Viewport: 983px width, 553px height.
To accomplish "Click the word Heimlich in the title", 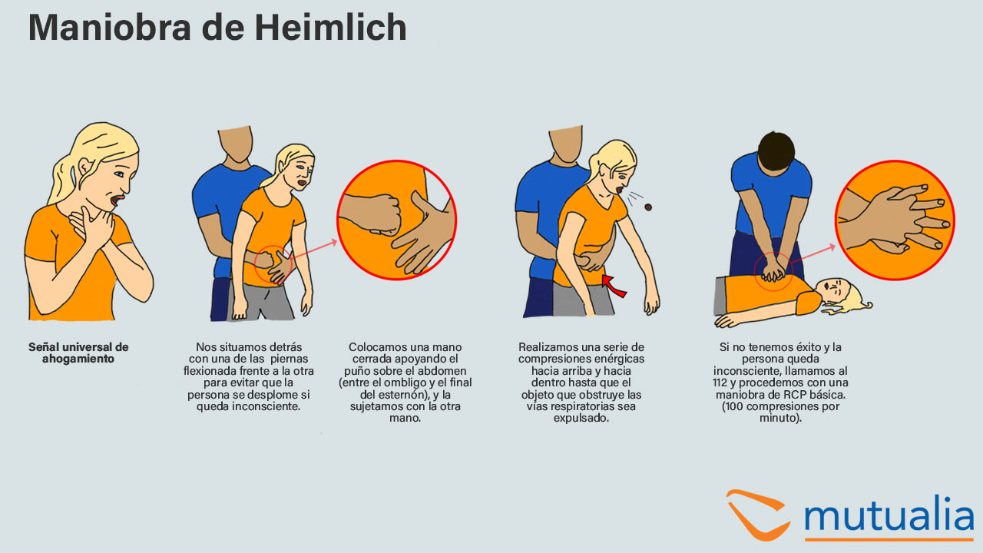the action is tap(331, 27).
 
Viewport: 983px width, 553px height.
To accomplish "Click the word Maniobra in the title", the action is tap(110, 27).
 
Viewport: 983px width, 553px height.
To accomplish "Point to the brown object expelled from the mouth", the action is tap(647, 207).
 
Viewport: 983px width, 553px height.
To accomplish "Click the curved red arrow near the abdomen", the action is tap(614, 286).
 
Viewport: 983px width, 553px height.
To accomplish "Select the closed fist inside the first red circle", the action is tap(373, 214).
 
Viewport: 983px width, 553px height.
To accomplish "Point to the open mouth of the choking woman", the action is tap(117, 200).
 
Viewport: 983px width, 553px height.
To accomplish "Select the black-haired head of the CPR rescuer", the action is tap(776, 152).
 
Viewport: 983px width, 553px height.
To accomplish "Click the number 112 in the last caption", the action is tap(720, 382).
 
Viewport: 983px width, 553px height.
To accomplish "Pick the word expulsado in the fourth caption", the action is tap(581, 419).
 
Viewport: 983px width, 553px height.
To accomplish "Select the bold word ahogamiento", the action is tap(78, 359).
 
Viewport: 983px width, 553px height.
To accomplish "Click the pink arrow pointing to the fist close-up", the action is tap(314, 250).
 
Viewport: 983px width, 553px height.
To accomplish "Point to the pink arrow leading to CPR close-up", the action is tap(813, 254).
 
